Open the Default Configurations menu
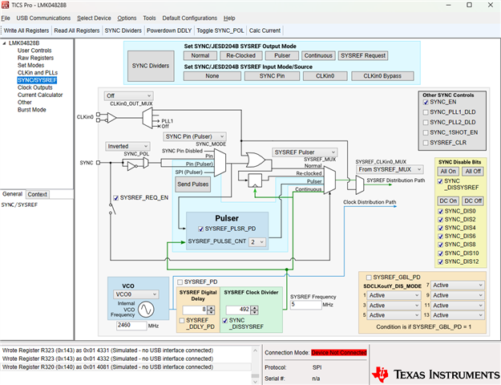189,17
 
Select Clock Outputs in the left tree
35,87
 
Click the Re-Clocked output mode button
241,56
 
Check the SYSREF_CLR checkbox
426,142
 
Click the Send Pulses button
192,184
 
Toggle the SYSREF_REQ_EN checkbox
117,197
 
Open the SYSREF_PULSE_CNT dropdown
257,241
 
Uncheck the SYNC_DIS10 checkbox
440,253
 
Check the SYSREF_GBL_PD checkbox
366,276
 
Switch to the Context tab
38,194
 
